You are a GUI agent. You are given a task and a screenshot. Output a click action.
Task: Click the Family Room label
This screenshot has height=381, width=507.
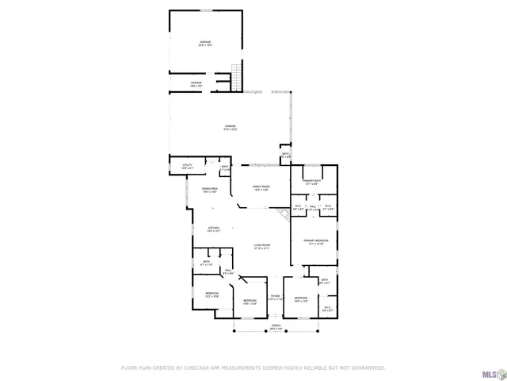pos(261,188)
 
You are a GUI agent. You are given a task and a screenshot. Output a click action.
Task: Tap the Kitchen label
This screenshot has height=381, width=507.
pos(214,229)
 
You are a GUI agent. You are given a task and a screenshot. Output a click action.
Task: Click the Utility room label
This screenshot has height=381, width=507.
pos(187,166)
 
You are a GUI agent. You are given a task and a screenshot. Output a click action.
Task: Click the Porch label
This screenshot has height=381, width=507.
pos(276,326)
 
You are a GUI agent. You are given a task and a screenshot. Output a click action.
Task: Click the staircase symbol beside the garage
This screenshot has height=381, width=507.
pos(234,76)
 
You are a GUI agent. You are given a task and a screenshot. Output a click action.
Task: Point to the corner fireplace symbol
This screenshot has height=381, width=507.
pos(282,214)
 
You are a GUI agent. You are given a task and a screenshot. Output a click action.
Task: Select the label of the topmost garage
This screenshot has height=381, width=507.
pos(205,43)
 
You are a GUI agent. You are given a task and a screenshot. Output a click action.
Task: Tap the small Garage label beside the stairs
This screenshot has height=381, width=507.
pos(196,83)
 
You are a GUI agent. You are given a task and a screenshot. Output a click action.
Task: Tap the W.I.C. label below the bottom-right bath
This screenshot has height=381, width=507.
pos(327,309)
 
